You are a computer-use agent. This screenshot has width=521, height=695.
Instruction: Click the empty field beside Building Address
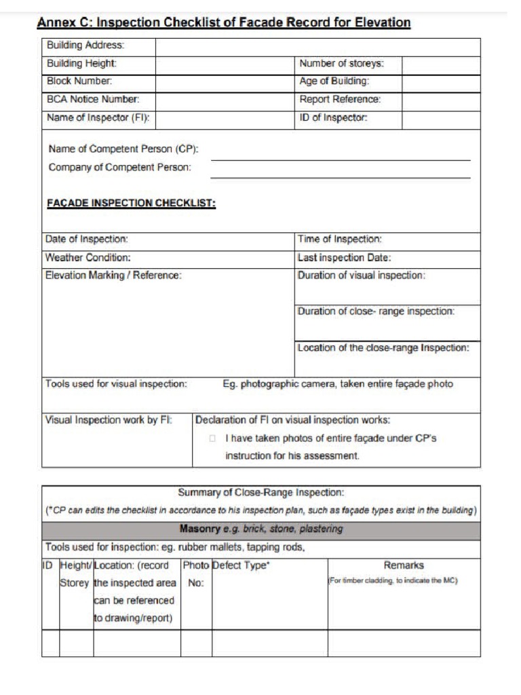click(x=317, y=47)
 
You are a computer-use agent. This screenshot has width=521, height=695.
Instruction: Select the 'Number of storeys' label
click(x=341, y=64)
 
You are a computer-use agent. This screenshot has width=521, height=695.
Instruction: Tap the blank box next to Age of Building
click(x=440, y=82)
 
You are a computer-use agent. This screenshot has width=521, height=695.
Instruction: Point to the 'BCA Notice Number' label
click(x=93, y=100)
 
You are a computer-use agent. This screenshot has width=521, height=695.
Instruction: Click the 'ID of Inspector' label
click(x=333, y=118)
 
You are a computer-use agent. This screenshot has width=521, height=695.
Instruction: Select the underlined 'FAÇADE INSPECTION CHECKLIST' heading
click(x=131, y=203)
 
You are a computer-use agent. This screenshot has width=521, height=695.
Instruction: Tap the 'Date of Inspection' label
click(x=87, y=240)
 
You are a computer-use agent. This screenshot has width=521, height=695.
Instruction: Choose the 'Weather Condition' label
click(x=88, y=258)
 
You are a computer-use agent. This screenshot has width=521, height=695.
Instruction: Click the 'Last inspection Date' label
click(x=344, y=258)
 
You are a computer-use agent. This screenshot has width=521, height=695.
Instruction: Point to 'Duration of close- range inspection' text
click(x=376, y=312)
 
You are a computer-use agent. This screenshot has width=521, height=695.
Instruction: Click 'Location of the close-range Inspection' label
click(x=383, y=348)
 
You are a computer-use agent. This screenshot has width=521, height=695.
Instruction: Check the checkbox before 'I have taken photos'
click(x=212, y=439)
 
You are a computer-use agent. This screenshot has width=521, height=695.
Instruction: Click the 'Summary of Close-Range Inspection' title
click(x=260, y=492)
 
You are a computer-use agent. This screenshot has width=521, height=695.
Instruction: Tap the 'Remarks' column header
click(x=404, y=565)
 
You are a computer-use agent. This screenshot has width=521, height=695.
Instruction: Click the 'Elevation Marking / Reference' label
click(x=113, y=276)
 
